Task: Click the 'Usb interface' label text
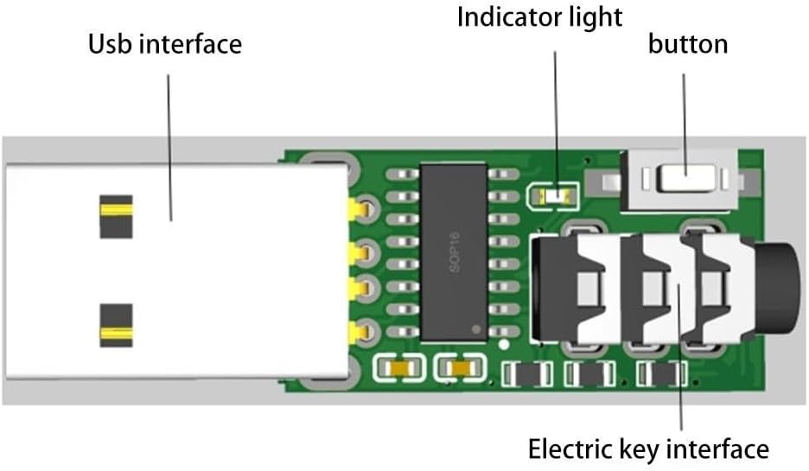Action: [164, 43]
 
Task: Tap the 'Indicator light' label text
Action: [539, 16]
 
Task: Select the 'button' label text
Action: [687, 43]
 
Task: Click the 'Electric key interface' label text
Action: [647, 449]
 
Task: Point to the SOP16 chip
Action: [453, 251]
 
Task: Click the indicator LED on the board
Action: [551, 197]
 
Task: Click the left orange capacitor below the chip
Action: [394, 369]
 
